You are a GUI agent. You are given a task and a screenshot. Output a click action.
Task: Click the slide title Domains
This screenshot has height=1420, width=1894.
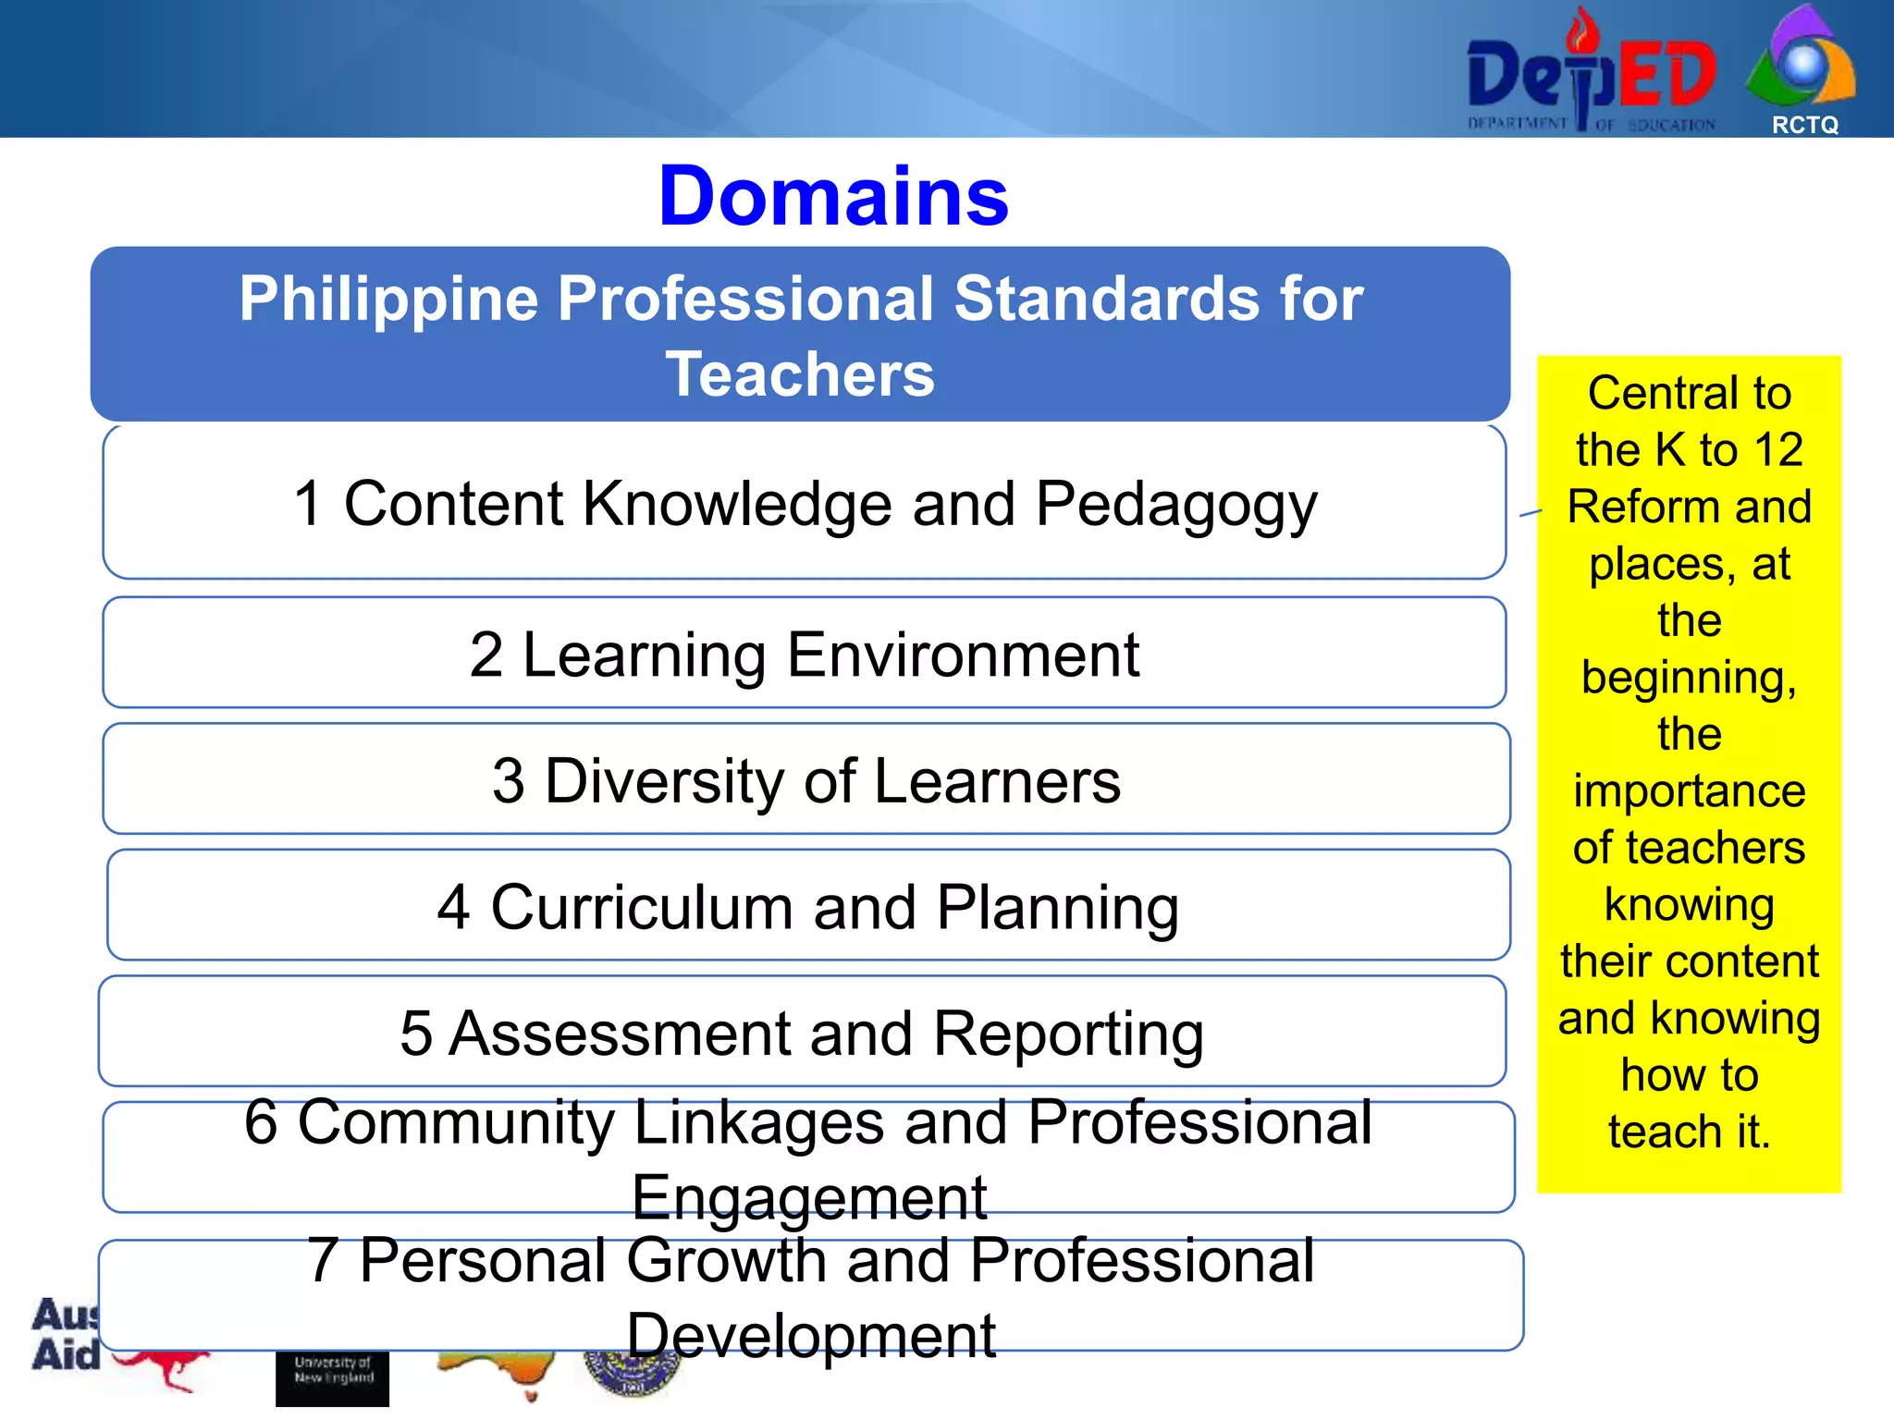pos(833,196)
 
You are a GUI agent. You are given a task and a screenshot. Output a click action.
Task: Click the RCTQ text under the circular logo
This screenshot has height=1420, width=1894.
pos(1804,125)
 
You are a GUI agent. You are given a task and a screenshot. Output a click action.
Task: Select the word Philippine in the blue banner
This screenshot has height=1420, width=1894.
pos(388,300)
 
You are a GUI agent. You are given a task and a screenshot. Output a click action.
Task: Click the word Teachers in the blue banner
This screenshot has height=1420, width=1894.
pos(800,374)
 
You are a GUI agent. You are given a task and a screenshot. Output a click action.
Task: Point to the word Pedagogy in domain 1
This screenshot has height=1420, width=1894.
pos(1176,506)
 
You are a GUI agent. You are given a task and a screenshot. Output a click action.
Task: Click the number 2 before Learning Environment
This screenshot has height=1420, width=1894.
pos(486,655)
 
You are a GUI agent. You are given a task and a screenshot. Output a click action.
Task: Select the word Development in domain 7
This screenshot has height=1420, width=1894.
pos(811,1336)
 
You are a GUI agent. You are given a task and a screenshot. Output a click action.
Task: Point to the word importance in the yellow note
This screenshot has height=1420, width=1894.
pos(1690,791)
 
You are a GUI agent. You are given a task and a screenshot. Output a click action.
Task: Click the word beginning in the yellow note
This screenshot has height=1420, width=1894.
pos(1689,678)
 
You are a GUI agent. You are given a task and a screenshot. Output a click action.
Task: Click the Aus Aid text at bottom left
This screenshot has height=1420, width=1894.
pos(65,1335)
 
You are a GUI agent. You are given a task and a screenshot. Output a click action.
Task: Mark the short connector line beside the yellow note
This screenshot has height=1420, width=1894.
pos(1531,512)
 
